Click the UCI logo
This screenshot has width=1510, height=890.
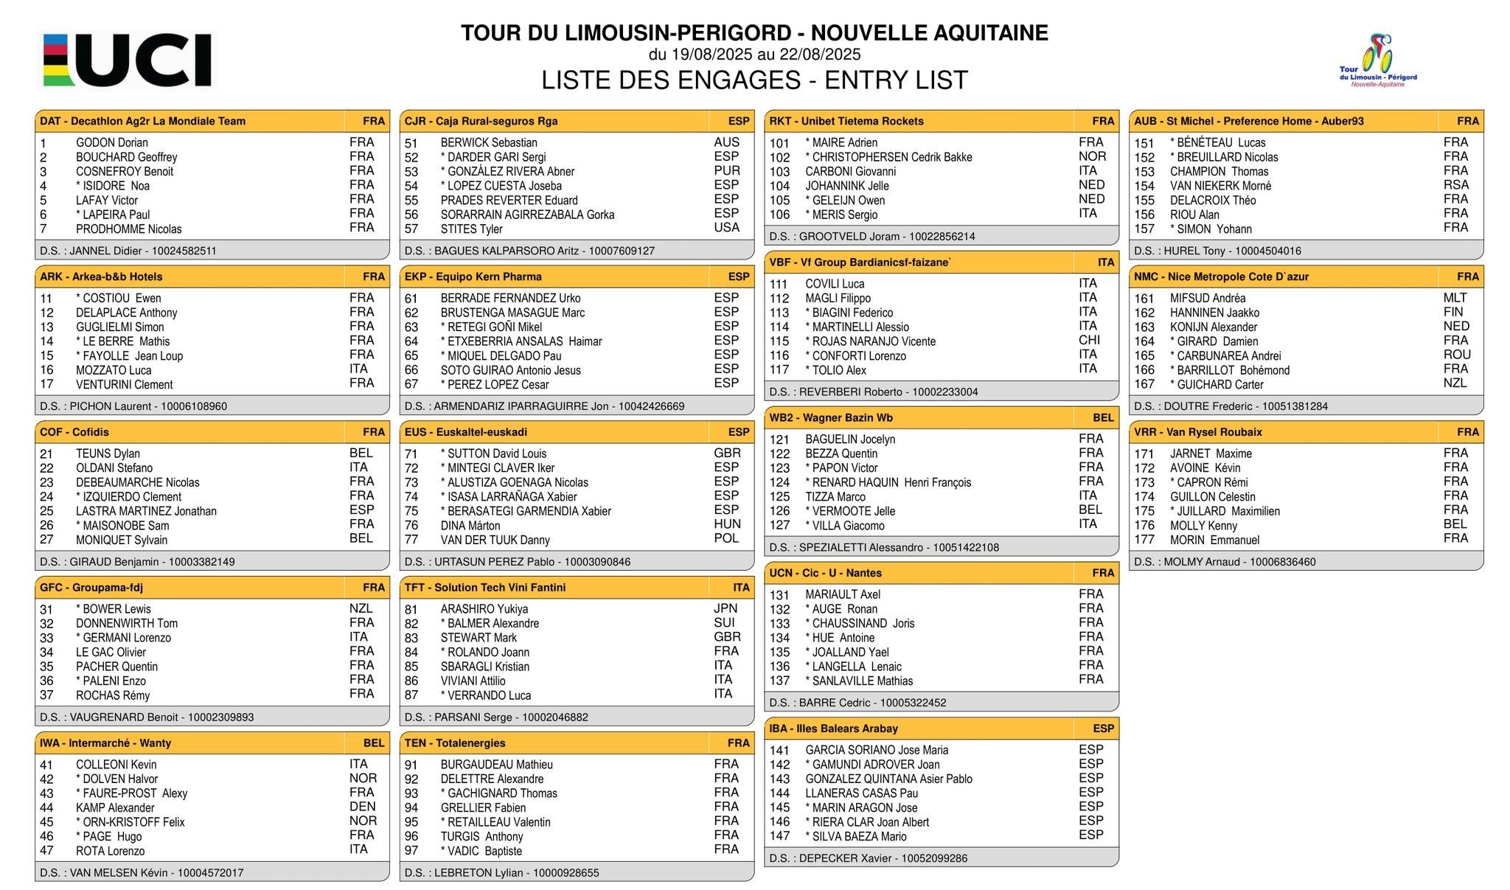[x=127, y=60]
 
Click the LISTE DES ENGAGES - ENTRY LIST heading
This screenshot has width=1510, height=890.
[x=754, y=80]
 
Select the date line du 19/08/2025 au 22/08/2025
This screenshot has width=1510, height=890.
[x=754, y=55]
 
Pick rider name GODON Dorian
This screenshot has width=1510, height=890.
[x=111, y=143]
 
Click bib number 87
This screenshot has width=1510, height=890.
[x=411, y=695]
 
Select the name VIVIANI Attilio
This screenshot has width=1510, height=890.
[x=473, y=681]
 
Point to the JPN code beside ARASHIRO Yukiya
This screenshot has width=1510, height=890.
[x=726, y=608]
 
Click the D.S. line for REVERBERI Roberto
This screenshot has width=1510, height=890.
[x=874, y=392]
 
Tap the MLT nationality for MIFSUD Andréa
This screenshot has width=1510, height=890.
[x=1455, y=298]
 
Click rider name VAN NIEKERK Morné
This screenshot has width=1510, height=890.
[x=1220, y=186]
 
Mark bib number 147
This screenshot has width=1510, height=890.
[x=779, y=836]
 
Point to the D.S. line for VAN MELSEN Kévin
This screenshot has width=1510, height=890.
[x=142, y=872]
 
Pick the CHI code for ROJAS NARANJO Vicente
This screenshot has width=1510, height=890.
[x=1089, y=340]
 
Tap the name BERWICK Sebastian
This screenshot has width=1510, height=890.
[x=488, y=143]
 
